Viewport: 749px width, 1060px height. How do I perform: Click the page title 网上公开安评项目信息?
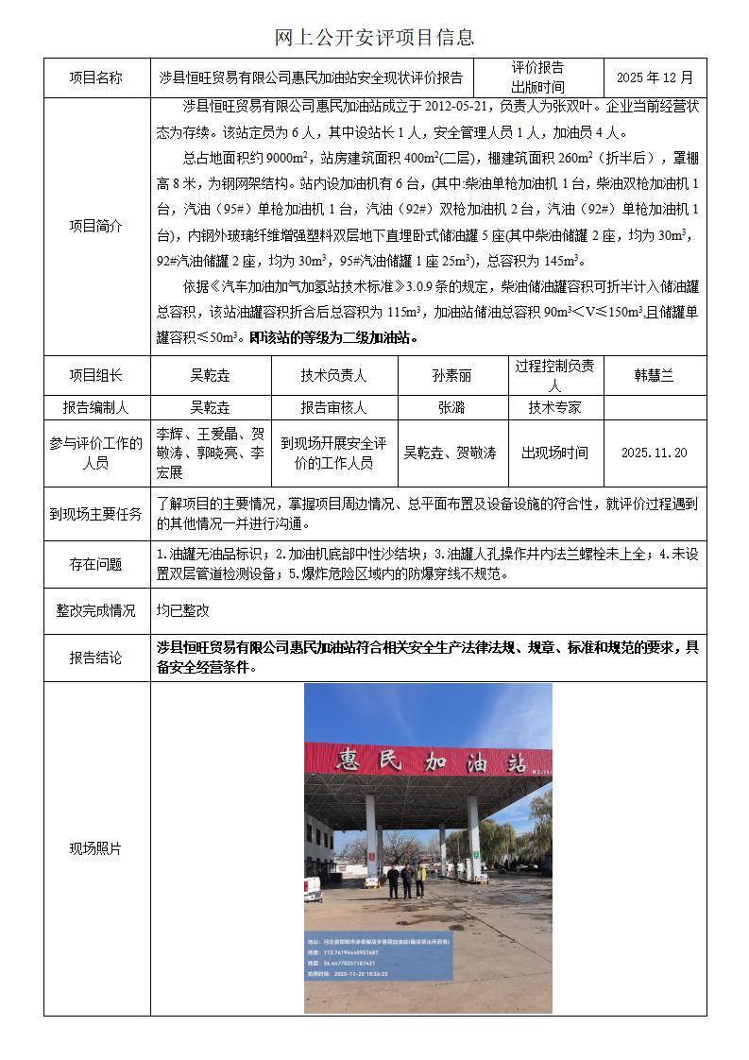click(374, 38)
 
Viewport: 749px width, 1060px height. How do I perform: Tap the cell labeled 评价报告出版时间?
click(537, 77)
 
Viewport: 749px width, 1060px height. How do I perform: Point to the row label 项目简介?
click(96, 226)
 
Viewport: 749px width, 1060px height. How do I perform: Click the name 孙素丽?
click(451, 375)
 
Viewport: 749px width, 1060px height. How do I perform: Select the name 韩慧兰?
click(654, 375)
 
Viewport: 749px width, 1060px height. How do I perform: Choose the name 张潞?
click(451, 408)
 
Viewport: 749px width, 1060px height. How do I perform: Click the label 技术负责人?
click(333, 375)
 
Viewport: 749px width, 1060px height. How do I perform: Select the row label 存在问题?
click(96, 565)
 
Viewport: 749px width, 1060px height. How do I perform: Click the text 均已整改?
click(183, 611)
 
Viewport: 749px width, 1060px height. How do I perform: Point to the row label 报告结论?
click(96, 658)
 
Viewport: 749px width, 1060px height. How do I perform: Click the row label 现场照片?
click(96, 848)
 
